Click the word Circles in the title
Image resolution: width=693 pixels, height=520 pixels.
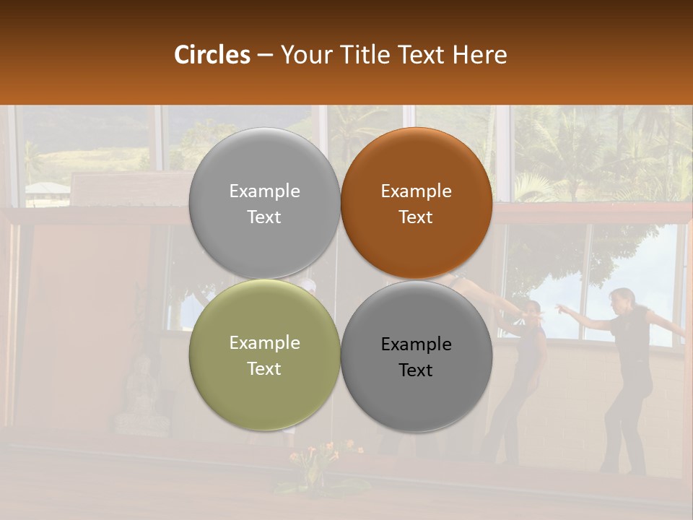pyautogui.click(x=212, y=55)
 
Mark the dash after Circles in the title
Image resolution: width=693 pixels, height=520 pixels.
pyautogui.click(x=265, y=56)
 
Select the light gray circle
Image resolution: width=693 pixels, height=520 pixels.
pyautogui.click(x=264, y=203)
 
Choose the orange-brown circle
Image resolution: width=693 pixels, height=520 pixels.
pyautogui.click(x=417, y=203)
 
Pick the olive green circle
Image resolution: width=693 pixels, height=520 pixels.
pyautogui.click(x=264, y=355)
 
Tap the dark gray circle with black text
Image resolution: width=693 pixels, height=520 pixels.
pyautogui.click(x=417, y=356)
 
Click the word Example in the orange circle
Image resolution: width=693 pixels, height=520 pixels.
pyautogui.click(x=416, y=191)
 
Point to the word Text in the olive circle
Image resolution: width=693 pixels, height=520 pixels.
pyautogui.click(x=264, y=368)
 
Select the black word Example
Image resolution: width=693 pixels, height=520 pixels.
pyautogui.click(x=416, y=344)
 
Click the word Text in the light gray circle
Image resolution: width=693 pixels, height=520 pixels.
pyautogui.click(x=264, y=217)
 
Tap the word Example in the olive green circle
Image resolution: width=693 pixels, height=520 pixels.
pyautogui.click(x=264, y=343)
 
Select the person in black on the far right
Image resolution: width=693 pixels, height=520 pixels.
pyautogui.click(x=627, y=376)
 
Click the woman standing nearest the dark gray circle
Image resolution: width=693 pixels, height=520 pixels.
pyautogui.click(x=519, y=376)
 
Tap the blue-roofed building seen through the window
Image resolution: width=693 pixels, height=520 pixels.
pyautogui.click(x=47, y=190)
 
